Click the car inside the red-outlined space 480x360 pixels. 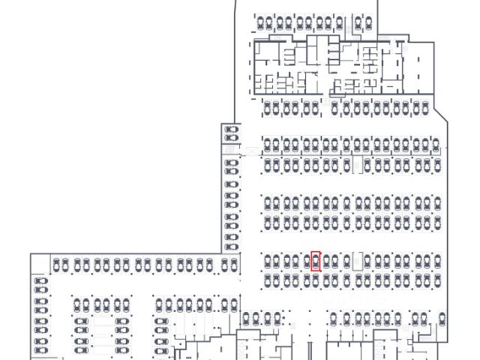click(316, 261)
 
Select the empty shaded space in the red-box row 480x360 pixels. click(358, 261)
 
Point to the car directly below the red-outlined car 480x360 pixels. click(316, 279)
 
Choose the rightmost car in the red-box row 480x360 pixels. click(436, 261)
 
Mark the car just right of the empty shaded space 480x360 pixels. click(368, 261)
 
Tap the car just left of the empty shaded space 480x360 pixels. click(346, 261)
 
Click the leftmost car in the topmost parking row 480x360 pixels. click(259, 22)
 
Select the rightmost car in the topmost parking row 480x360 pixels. click(368, 22)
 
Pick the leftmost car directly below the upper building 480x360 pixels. click(268, 109)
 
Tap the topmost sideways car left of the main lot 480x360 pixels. click(231, 130)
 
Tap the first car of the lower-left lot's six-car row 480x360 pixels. click(160, 304)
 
